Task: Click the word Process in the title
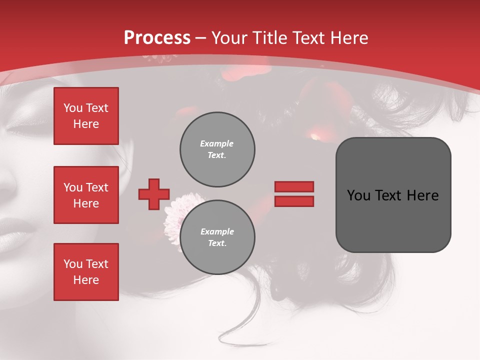point(157,38)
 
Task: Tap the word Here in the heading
point(347,38)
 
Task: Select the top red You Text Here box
point(86,116)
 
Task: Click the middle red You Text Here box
point(86,195)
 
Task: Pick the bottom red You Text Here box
point(86,272)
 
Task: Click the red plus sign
point(153,194)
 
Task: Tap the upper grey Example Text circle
point(217,149)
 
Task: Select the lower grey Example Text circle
point(217,237)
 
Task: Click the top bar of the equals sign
point(294,186)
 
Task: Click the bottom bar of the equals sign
point(294,201)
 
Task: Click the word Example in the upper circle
point(217,143)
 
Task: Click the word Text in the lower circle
point(216,243)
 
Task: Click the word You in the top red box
point(73,108)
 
